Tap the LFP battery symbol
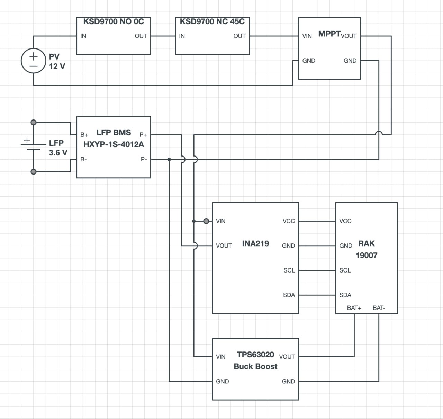click(33, 147)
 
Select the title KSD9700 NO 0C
click(114, 22)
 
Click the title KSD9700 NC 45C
click(212, 22)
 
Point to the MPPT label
click(329, 34)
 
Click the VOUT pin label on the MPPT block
click(349, 36)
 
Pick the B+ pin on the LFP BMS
click(84, 135)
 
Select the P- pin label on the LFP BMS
click(144, 159)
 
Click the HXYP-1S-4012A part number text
click(114, 144)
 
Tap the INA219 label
click(255, 243)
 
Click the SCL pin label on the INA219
click(289, 270)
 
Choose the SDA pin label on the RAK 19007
click(345, 295)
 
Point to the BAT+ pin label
click(354, 308)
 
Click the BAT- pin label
click(379, 308)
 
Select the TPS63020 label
click(255, 355)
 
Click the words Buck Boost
click(255, 367)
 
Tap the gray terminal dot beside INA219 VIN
click(206, 221)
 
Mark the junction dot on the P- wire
click(169, 159)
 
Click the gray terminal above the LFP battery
click(33, 123)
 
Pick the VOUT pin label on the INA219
click(224, 246)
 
